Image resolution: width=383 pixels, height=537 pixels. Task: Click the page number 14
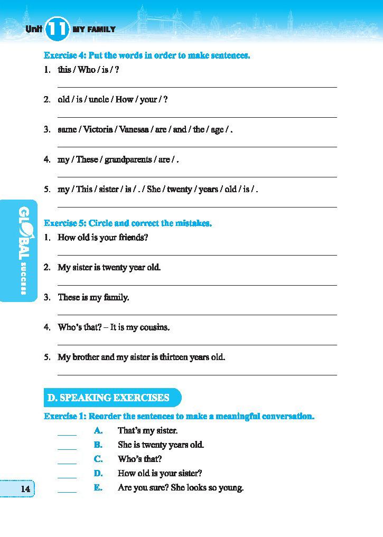25,489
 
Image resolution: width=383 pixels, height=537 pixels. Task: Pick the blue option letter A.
98,431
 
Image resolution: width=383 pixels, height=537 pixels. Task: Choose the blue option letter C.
98,459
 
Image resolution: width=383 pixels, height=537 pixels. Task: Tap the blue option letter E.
98,488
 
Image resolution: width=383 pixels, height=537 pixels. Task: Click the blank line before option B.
67,448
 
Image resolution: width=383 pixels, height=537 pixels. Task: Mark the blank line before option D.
67,477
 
